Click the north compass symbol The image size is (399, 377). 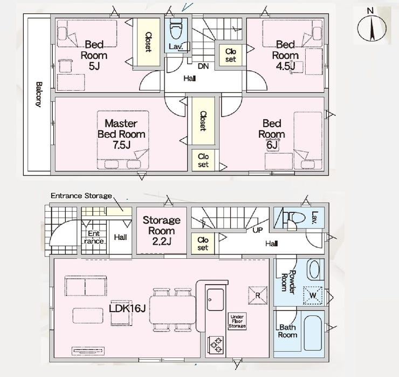372,28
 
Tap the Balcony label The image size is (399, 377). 39,95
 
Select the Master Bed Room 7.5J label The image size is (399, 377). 121,134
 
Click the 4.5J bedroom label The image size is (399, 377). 285,55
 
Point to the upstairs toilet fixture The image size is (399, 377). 176,28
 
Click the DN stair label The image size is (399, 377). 203,66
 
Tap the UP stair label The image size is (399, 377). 257,230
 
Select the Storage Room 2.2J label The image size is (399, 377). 161,231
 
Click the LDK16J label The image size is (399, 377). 127,308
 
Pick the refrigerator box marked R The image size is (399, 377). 258,295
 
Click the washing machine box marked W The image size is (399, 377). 313,295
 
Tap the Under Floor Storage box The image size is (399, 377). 237,321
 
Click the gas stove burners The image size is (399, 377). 216,345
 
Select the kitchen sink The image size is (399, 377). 215,299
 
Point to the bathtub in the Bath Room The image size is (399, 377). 313,333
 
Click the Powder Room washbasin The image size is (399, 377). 315,270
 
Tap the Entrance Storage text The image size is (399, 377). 81,196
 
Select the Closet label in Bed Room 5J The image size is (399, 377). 148,42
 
